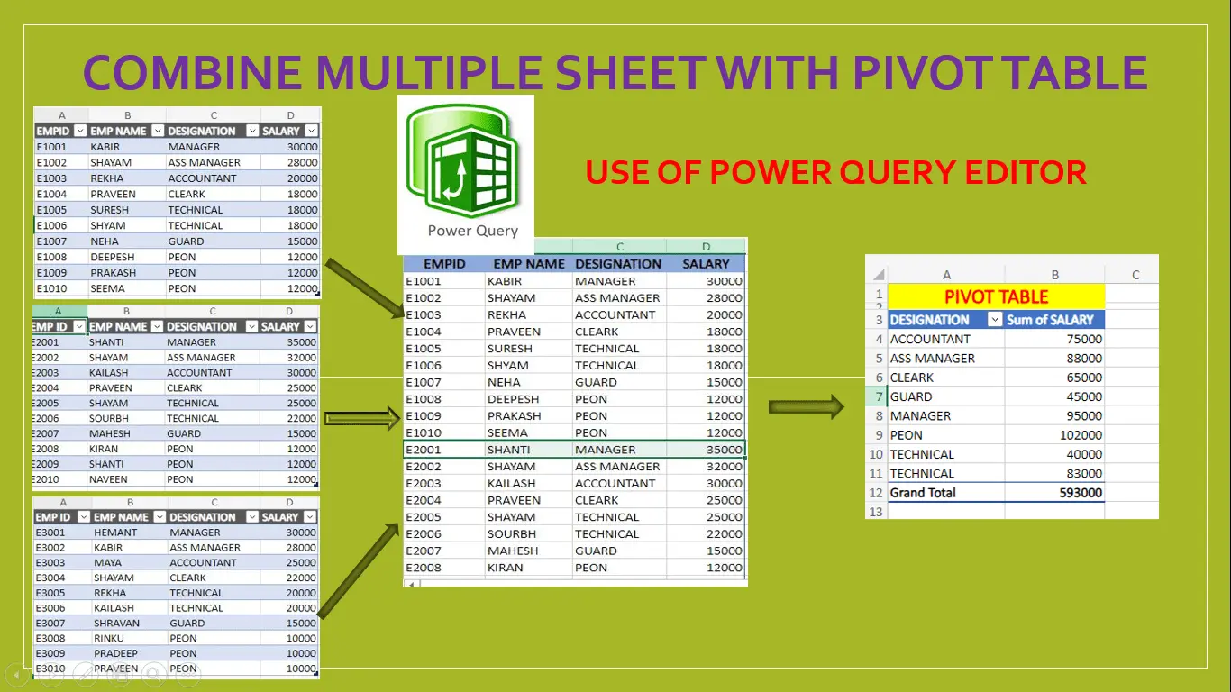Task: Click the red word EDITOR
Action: point(1026,172)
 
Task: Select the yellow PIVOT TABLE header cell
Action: point(996,296)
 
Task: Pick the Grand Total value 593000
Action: point(1081,493)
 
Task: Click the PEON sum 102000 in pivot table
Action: point(1081,435)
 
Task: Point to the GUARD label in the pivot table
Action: point(910,396)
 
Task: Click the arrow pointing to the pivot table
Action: point(806,406)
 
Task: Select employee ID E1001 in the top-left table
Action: point(51,147)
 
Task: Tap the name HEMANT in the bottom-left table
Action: point(114,532)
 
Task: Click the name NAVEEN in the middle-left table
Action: point(108,479)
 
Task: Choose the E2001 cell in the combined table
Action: point(424,450)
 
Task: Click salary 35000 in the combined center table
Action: point(724,450)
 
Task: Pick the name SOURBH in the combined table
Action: point(512,533)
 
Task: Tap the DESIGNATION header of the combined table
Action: point(618,264)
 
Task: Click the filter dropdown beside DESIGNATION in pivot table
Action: point(995,319)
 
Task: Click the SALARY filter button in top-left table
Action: point(311,131)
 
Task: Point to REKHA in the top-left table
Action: point(106,178)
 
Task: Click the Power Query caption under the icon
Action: point(472,231)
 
